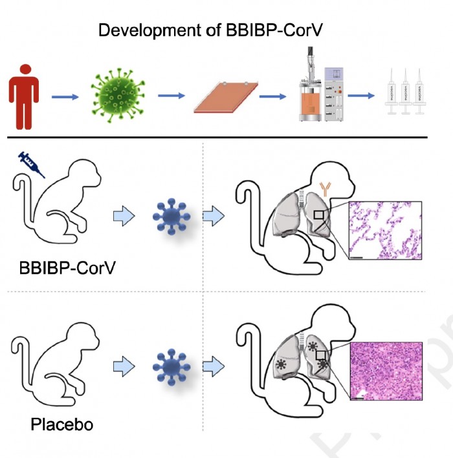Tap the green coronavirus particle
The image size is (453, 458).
pos(118,96)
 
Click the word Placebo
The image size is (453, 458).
pos(62,425)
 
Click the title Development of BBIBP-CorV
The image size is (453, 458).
pos(226,30)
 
